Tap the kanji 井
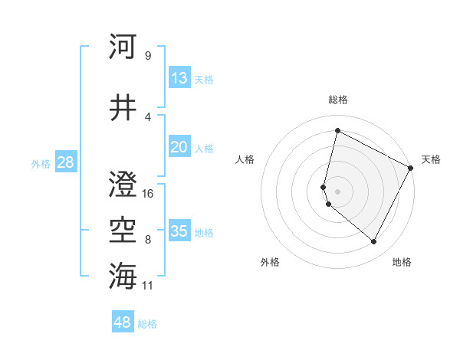click(x=123, y=106)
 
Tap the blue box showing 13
click(x=179, y=78)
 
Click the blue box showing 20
click(x=179, y=147)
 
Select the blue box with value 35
click(x=179, y=231)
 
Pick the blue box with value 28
click(x=65, y=162)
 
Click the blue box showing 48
click(x=123, y=322)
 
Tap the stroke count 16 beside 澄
click(x=148, y=194)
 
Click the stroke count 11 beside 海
click(x=148, y=286)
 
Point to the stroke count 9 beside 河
click(x=147, y=55)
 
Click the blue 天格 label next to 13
click(x=204, y=80)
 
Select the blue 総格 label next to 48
click(x=147, y=324)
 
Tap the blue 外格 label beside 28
click(x=41, y=164)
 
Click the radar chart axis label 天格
click(x=431, y=159)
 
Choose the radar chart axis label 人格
click(x=245, y=159)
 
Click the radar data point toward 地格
click(x=373, y=242)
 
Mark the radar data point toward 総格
click(x=337, y=130)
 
